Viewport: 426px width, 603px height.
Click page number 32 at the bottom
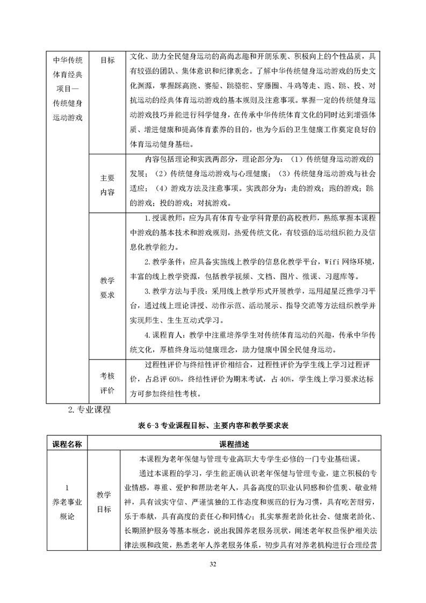pyautogui.click(x=213, y=564)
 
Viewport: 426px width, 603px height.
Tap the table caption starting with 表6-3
pyautogui.click(x=213, y=425)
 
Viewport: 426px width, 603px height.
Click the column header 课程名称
pyautogui.click(x=67, y=444)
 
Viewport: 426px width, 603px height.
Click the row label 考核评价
pyautogui.click(x=107, y=382)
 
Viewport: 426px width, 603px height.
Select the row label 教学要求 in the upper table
pyautogui.click(x=107, y=288)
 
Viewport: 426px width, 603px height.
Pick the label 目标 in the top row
pyautogui.click(x=107, y=60)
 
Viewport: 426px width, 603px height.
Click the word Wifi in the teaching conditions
pyautogui.click(x=333, y=262)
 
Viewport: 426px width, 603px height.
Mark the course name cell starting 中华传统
pyautogui.click(x=67, y=89)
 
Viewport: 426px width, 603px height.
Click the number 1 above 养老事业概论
pyautogui.click(x=67, y=488)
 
